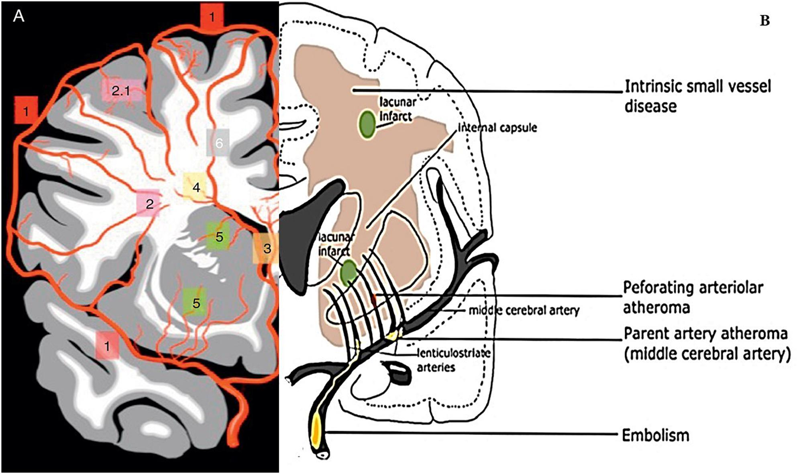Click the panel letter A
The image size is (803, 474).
(18, 17)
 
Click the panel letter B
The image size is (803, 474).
(764, 21)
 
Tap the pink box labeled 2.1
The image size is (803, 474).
(121, 91)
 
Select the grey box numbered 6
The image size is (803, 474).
(218, 142)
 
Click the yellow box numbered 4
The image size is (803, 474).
(196, 187)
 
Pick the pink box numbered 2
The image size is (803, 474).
(149, 204)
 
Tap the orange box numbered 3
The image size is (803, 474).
(266, 248)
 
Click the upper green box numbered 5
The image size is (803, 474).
(218, 236)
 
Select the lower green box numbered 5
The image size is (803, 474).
(196, 302)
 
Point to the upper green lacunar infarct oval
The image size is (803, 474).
(367, 124)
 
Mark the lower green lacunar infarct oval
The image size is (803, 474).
(349, 273)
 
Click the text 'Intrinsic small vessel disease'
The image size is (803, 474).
(697, 96)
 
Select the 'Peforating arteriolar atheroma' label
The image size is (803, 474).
(693, 297)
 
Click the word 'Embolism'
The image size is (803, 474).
(655, 435)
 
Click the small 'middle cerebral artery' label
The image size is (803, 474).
(524, 310)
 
